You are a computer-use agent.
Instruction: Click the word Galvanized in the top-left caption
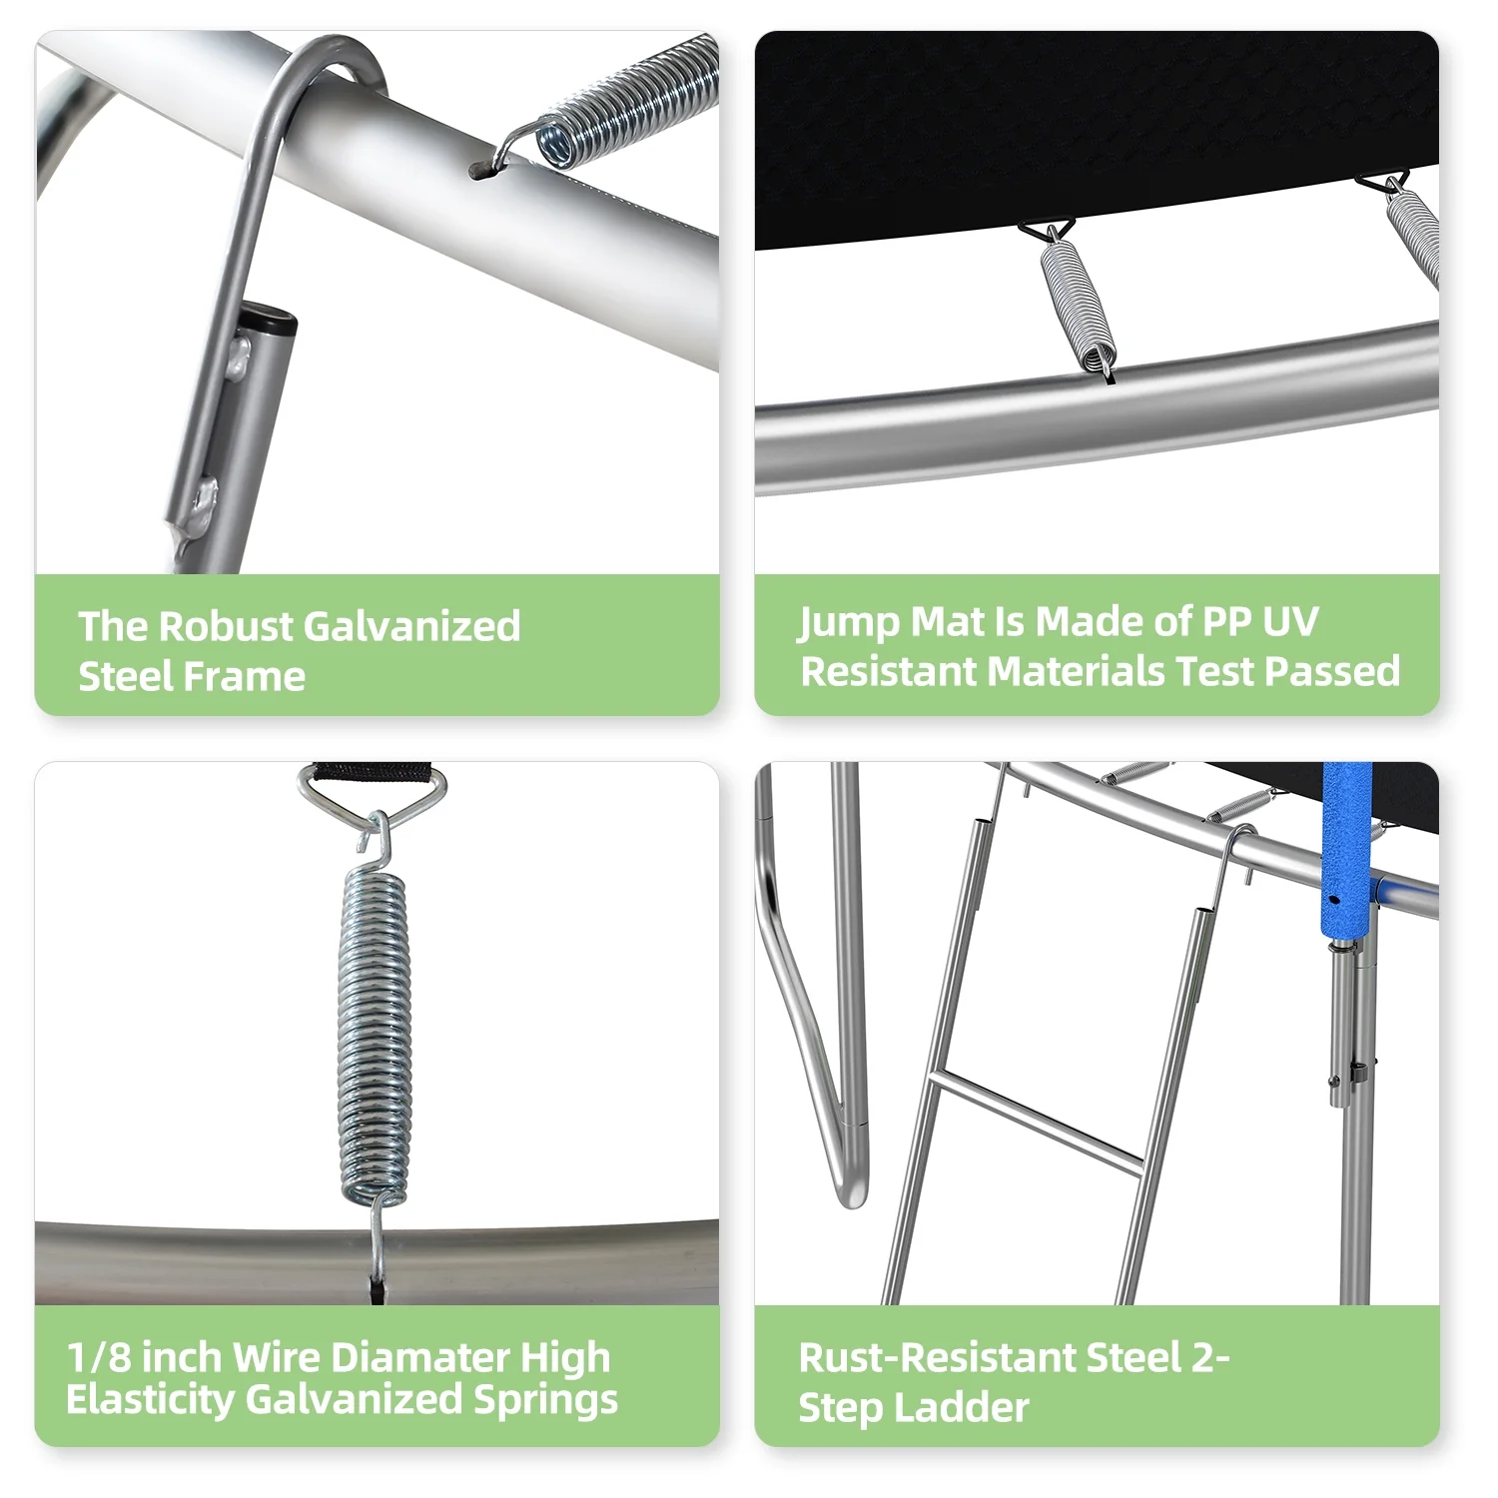[x=410, y=626]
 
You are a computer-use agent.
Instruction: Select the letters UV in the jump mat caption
[x=1290, y=621]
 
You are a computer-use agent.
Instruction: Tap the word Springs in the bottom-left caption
[x=545, y=1400]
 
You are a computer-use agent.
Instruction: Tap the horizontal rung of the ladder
[x=1036, y=1121]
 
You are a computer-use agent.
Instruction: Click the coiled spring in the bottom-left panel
[x=374, y=1034]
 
